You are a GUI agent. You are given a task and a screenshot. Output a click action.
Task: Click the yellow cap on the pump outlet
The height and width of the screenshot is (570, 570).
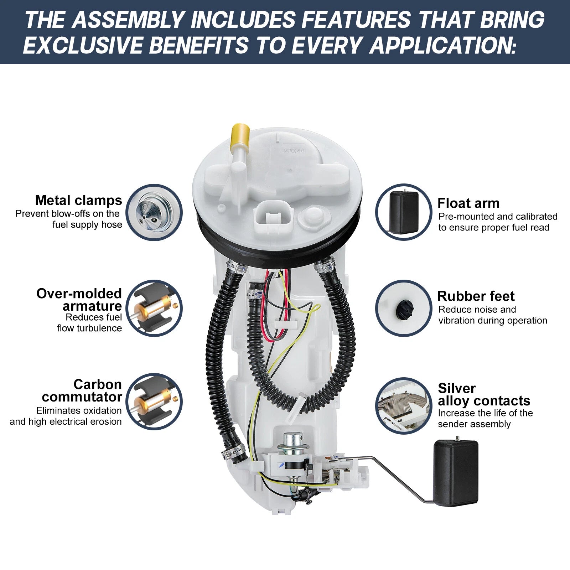240,137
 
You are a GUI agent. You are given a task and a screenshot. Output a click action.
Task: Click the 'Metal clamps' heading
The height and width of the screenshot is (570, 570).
78,200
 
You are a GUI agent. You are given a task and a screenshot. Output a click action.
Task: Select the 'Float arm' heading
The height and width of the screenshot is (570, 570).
468,203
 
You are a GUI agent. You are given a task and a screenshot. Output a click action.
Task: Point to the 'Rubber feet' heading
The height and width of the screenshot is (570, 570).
476,296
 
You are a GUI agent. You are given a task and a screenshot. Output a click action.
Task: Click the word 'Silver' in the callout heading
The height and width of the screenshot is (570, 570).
457,388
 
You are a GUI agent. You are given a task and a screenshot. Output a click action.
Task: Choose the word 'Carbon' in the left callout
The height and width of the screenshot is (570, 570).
98,384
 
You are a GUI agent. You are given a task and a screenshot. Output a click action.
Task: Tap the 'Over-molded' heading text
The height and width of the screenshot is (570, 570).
79,294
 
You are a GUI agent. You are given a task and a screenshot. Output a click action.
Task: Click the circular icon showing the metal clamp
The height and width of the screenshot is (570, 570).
154,212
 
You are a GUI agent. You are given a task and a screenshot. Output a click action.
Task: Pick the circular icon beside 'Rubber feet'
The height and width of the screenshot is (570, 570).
404,308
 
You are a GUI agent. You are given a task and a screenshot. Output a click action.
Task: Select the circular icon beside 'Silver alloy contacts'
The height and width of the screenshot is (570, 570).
404,406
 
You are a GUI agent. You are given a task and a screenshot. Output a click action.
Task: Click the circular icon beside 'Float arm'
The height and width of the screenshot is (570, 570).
404,212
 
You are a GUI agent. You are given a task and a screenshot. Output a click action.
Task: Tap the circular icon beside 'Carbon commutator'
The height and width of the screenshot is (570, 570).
154,401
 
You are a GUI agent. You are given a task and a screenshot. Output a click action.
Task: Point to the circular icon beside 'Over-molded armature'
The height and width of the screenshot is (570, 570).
154,308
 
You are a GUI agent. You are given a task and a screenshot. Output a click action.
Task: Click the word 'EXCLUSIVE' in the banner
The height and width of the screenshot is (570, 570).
83,46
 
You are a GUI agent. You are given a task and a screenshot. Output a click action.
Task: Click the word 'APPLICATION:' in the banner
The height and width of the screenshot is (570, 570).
443,46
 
